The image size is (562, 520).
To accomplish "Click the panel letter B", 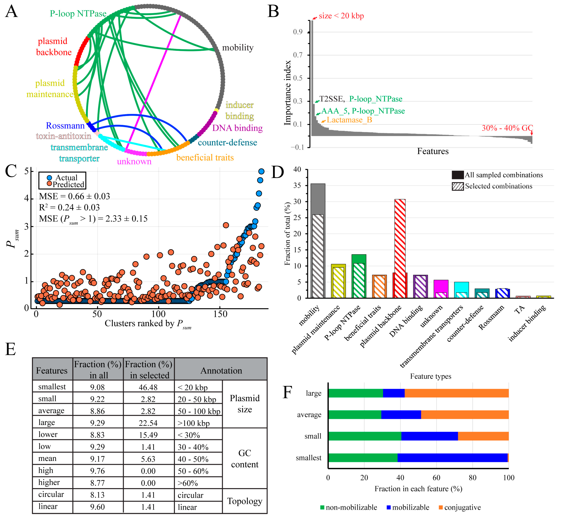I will [x=273, y=12].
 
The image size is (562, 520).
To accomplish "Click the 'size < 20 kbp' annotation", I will [x=341, y=16].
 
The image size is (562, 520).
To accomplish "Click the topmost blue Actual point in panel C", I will [x=261, y=171].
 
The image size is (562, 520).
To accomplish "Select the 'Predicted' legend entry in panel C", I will [x=68, y=184].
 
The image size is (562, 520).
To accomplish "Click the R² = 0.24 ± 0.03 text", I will [x=69, y=207].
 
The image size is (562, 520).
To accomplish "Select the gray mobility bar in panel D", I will [x=318, y=199].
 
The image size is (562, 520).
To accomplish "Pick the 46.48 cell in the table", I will [x=148, y=387].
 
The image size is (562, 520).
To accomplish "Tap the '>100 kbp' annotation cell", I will [x=194, y=423].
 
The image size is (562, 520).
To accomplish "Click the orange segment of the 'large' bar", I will [x=456, y=393].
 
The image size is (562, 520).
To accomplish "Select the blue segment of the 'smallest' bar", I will [x=452, y=458].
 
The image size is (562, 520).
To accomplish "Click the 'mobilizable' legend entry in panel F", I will [x=410, y=507].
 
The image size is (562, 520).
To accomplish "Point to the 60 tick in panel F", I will [x=436, y=477].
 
